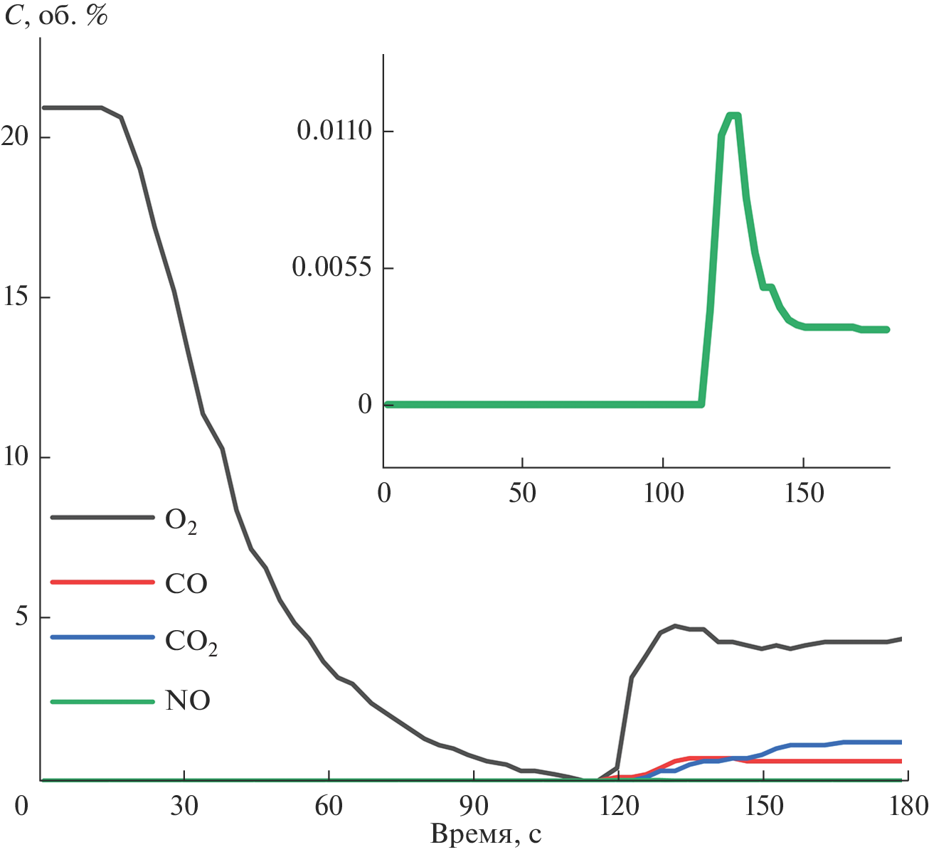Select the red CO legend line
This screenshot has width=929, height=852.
(102, 582)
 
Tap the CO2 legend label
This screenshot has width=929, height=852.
(191, 641)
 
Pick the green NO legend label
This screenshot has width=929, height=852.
(188, 701)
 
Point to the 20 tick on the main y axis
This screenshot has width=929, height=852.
(16, 137)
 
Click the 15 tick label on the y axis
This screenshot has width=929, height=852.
(16, 297)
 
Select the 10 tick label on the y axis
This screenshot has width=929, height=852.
(16, 457)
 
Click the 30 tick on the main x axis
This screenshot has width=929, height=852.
(184, 806)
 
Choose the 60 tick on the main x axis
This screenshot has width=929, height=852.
(329, 806)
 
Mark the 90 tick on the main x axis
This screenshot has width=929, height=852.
(474, 806)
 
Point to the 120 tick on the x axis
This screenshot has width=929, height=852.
(618, 806)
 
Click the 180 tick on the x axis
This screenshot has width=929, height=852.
(907, 806)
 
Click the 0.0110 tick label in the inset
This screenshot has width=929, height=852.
(334, 132)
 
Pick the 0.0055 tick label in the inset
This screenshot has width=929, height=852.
(332, 267)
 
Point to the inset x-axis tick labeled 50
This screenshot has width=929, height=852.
(522, 493)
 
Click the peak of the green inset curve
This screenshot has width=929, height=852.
(734, 115)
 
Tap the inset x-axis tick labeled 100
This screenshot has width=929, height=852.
(663, 493)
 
